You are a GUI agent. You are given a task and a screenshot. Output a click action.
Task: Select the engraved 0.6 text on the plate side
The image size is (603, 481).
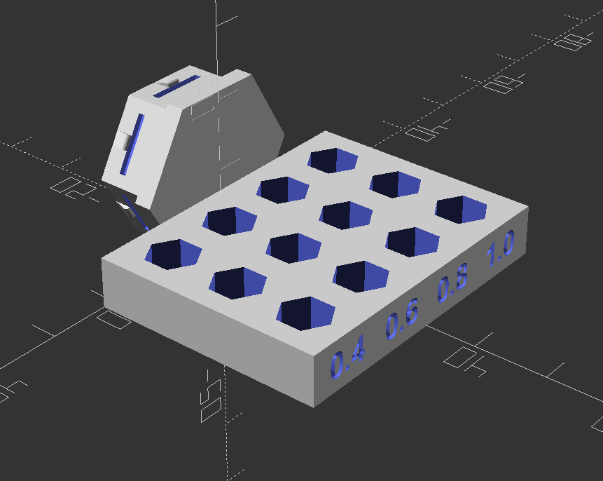[x=402, y=321]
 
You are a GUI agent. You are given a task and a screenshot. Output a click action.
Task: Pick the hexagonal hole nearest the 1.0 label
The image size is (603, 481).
[x=461, y=209]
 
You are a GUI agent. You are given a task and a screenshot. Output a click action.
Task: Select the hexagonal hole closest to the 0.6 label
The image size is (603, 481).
[x=360, y=275]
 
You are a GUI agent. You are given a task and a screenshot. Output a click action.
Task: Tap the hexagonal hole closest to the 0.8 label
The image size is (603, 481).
[x=413, y=240]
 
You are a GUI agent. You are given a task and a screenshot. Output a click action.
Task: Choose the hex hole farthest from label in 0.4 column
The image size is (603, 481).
[x=172, y=253]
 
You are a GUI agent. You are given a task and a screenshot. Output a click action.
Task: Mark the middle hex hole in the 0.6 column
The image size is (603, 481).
[x=293, y=247]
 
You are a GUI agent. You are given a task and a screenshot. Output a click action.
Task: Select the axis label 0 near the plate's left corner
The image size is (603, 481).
[x=113, y=320]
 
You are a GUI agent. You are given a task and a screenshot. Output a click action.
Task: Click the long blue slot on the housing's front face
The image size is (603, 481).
[x=132, y=144]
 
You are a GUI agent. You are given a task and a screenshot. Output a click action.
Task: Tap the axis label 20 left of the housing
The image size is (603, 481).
[x=71, y=188]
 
